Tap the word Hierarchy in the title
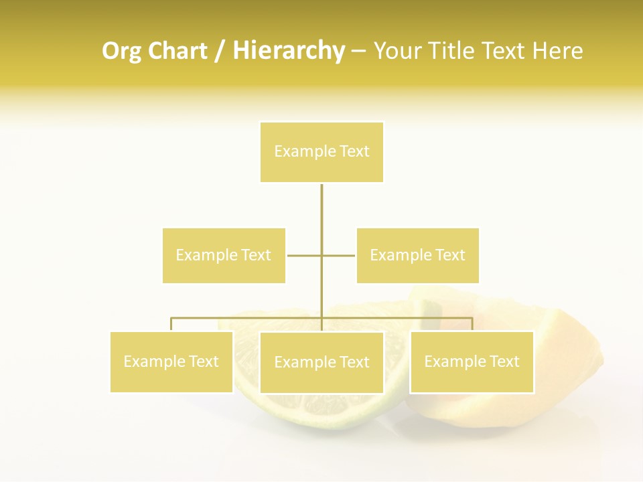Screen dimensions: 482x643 click(x=288, y=52)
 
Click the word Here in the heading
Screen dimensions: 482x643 click(x=557, y=52)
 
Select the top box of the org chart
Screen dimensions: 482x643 click(x=321, y=152)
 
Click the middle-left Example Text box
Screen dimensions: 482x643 click(x=224, y=255)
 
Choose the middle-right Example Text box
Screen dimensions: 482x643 click(x=417, y=255)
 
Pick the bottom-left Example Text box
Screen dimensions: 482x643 click(x=171, y=361)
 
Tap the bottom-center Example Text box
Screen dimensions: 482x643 click(x=321, y=362)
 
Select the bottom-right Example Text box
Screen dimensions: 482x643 click(x=472, y=361)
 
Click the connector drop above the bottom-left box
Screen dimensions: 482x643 click(x=171, y=324)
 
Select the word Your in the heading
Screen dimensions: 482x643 click(x=397, y=52)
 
